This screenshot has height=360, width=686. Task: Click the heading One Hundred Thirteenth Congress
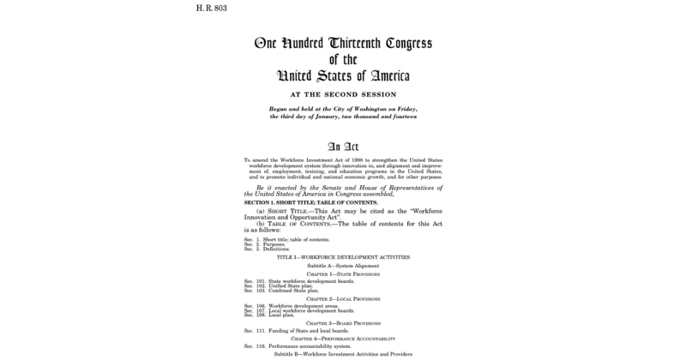click(x=342, y=44)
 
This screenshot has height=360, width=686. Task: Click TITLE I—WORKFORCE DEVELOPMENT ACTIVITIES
click(x=343, y=258)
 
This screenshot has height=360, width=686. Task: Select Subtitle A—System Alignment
click(x=343, y=267)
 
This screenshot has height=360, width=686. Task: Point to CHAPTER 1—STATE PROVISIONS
click(x=343, y=274)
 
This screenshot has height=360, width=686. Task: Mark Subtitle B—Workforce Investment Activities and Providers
click(x=343, y=354)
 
